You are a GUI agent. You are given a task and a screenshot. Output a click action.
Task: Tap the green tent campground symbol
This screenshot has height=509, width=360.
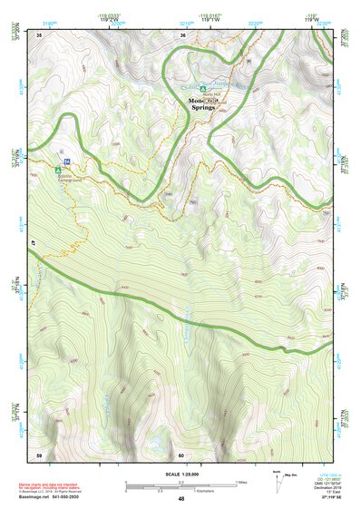pyautogui.click(x=57, y=169)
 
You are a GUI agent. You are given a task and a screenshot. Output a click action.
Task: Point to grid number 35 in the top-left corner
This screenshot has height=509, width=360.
pyautogui.click(x=39, y=34)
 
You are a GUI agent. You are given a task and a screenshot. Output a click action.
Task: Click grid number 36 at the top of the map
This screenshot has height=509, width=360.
pyautogui.click(x=182, y=34)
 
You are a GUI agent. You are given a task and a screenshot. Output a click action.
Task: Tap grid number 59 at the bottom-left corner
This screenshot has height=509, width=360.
pyautogui.click(x=39, y=454)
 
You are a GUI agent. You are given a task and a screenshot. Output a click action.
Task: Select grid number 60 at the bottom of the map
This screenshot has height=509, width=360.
pyautogui.click(x=181, y=454)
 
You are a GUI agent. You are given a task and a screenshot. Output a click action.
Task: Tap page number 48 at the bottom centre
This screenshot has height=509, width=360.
pyautogui.click(x=181, y=499)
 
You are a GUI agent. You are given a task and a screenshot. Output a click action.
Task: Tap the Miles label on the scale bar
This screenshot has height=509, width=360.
pyautogui.click(x=240, y=482)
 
